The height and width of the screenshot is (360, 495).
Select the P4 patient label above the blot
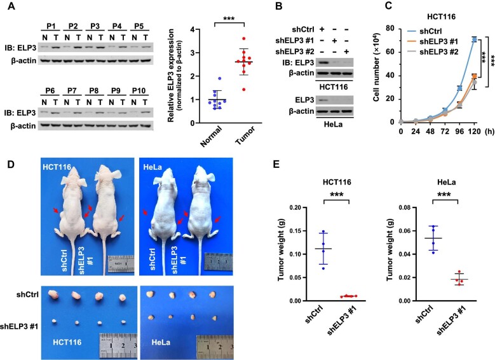click(117, 26)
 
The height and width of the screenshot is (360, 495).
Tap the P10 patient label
click(139, 91)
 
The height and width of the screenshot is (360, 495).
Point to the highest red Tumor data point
click(244, 39)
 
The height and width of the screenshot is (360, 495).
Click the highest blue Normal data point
click(220, 78)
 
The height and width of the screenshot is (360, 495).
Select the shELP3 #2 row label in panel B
click(290, 52)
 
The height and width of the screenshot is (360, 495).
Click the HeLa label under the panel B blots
click(333, 124)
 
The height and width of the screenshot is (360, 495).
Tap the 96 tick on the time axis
click(459, 131)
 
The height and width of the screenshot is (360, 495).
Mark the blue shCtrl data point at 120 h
click(474, 39)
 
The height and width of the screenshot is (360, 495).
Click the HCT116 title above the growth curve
click(442, 17)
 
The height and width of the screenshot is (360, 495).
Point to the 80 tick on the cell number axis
click(390, 29)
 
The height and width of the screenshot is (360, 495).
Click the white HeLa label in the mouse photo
click(153, 167)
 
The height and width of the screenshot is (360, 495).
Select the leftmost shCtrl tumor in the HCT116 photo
click(53, 295)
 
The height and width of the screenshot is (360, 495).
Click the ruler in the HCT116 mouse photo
click(121, 263)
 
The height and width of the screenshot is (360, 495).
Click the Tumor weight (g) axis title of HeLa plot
click(390, 254)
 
